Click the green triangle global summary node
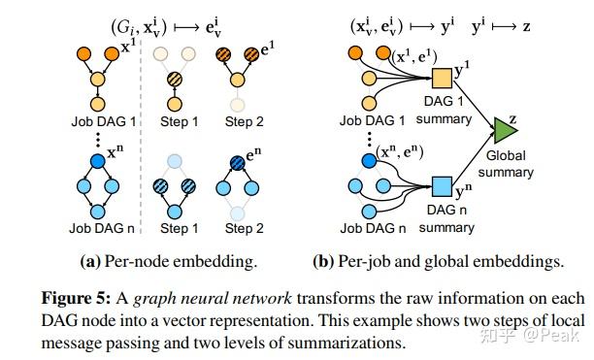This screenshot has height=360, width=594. click(505, 128)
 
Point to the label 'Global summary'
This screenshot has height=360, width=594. click(506, 164)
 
